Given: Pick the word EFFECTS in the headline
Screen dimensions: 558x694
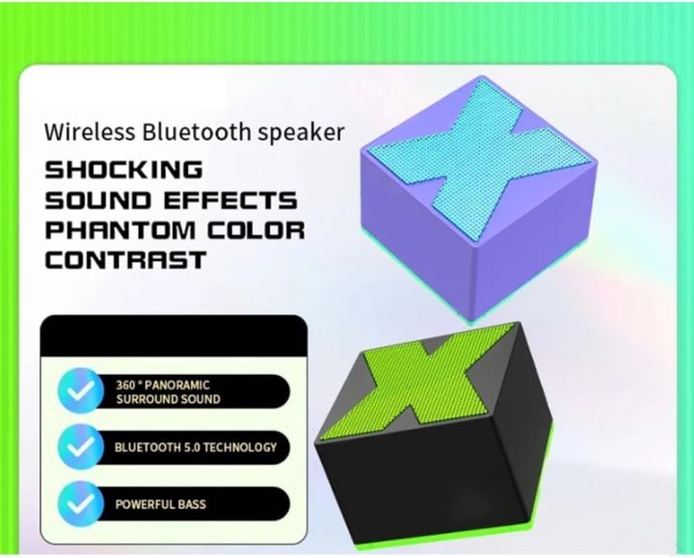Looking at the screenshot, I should click(x=235, y=200).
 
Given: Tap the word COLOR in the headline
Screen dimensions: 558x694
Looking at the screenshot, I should click(x=256, y=230).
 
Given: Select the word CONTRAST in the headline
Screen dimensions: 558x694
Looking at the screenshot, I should click(x=125, y=260).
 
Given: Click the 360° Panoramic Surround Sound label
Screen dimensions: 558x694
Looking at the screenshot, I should click(x=168, y=391).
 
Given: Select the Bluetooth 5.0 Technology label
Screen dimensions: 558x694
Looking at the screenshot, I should click(x=195, y=447).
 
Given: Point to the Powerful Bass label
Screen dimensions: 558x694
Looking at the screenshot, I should click(x=160, y=504).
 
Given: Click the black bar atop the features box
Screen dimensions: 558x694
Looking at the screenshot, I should click(x=173, y=335).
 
